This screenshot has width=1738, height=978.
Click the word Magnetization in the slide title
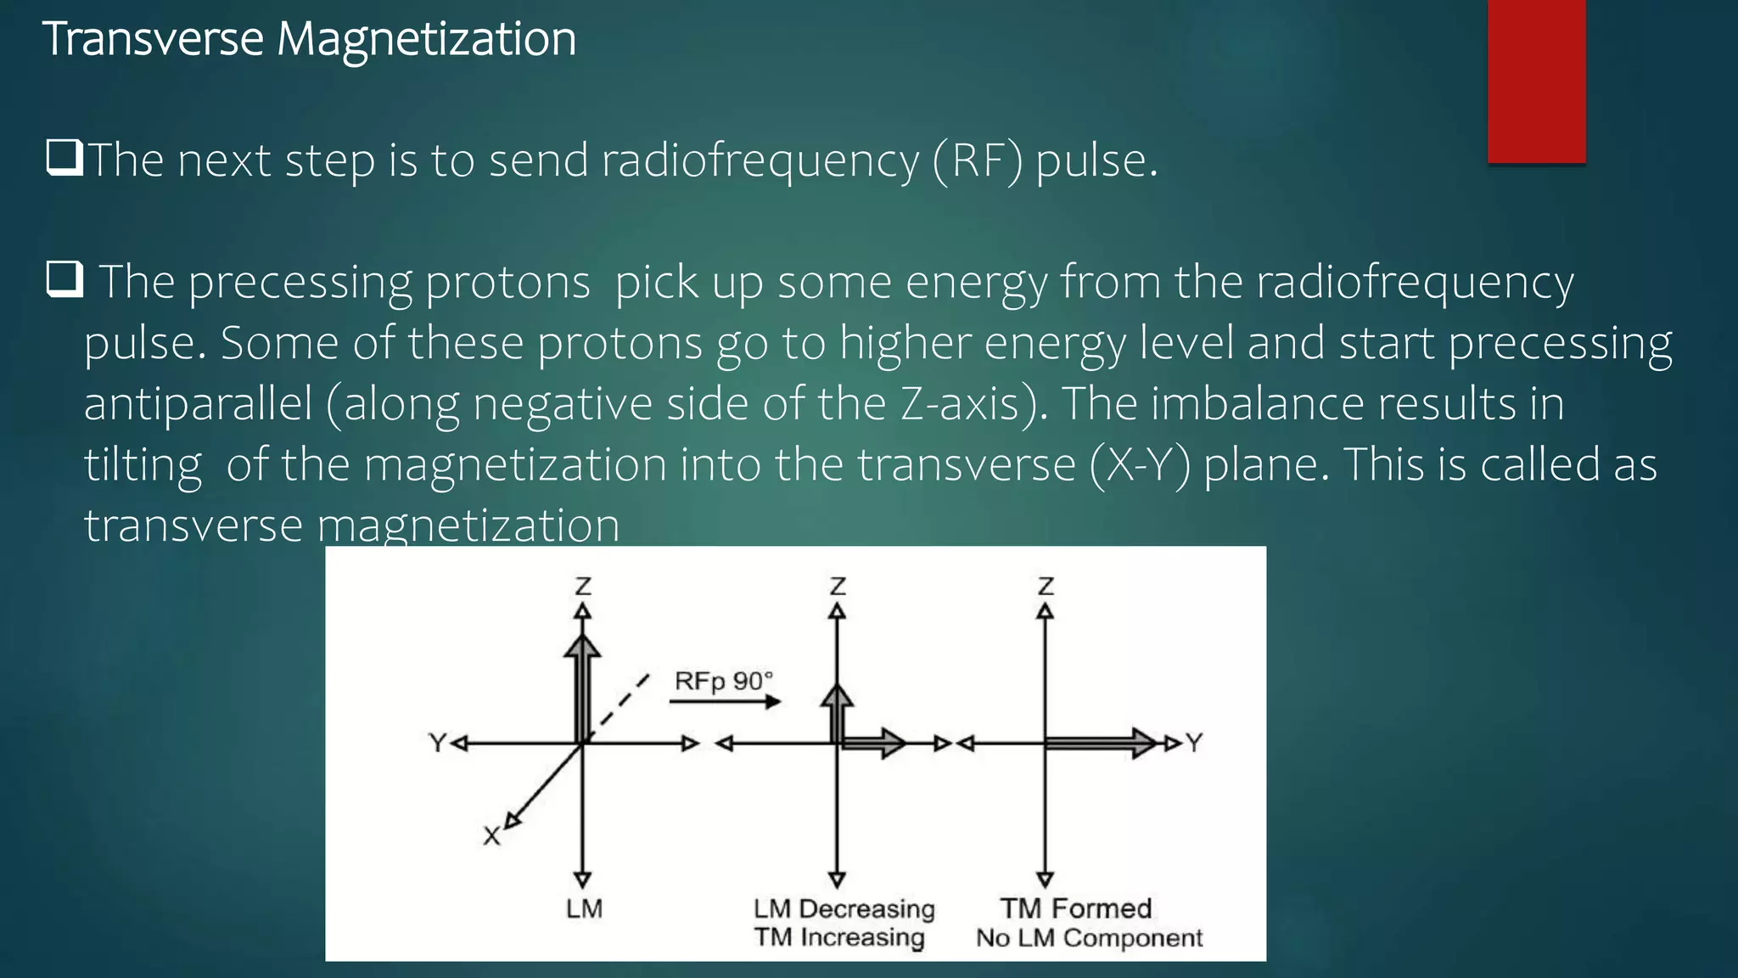click(x=426, y=39)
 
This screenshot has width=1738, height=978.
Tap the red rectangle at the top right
click(x=1536, y=81)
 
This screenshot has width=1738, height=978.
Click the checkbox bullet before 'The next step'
click(x=64, y=159)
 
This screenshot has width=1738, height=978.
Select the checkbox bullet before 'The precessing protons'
click(x=64, y=280)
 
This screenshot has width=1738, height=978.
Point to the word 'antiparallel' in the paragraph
click(x=199, y=403)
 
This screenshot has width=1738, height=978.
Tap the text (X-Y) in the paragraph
click(x=1140, y=464)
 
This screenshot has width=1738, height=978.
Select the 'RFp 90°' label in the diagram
click(x=724, y=681)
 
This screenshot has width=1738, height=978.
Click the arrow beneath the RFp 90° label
click(x=725, y=701)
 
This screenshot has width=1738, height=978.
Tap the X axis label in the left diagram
click(x=491, y=836)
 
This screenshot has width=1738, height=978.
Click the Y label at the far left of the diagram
click(x=437, y=744)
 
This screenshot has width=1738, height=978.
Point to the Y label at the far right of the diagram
click(x=1194, y=744)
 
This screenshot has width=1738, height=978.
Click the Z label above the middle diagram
click(x=838, y=587)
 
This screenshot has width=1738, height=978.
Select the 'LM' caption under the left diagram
click(x=584, y=909)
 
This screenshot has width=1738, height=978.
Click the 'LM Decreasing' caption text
click(x=844, y=909)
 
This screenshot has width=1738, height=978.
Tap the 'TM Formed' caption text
click(x=1075, y=908)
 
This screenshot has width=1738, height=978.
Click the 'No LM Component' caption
click(x=1089, y=938)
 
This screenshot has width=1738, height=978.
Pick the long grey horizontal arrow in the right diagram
click(x=1099, y=744)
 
